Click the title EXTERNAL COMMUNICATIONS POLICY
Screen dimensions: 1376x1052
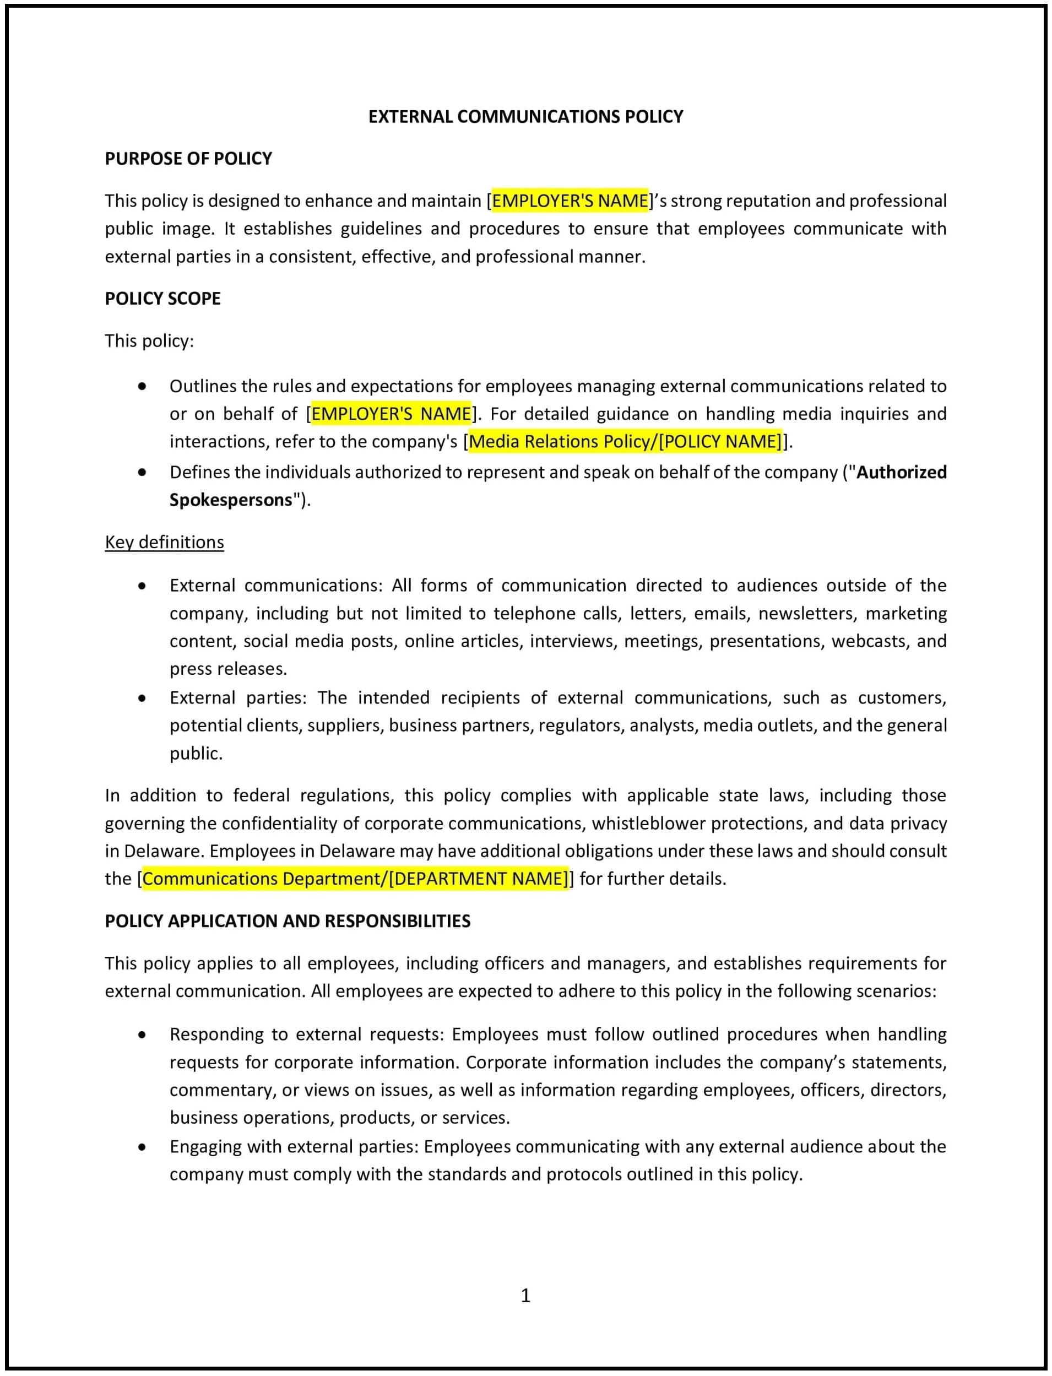525,116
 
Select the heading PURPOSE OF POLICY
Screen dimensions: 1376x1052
188,159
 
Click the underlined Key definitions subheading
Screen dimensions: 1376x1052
164,542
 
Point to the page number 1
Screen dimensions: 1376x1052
525,1295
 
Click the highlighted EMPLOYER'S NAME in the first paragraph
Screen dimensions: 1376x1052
570,201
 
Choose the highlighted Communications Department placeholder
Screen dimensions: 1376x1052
355,879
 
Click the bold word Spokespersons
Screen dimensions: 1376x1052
230,500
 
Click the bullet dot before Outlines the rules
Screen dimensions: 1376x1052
142,387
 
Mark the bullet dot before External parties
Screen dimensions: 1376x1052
142,698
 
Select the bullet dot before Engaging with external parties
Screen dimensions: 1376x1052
142,1147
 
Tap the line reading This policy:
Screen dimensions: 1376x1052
149,341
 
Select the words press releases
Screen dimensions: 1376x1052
228,669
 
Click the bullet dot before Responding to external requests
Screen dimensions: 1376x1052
142,1034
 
